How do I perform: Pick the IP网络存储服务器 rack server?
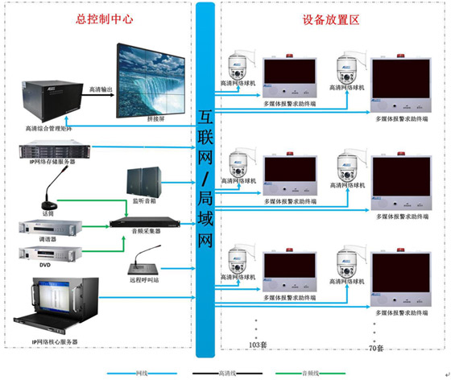51,151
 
